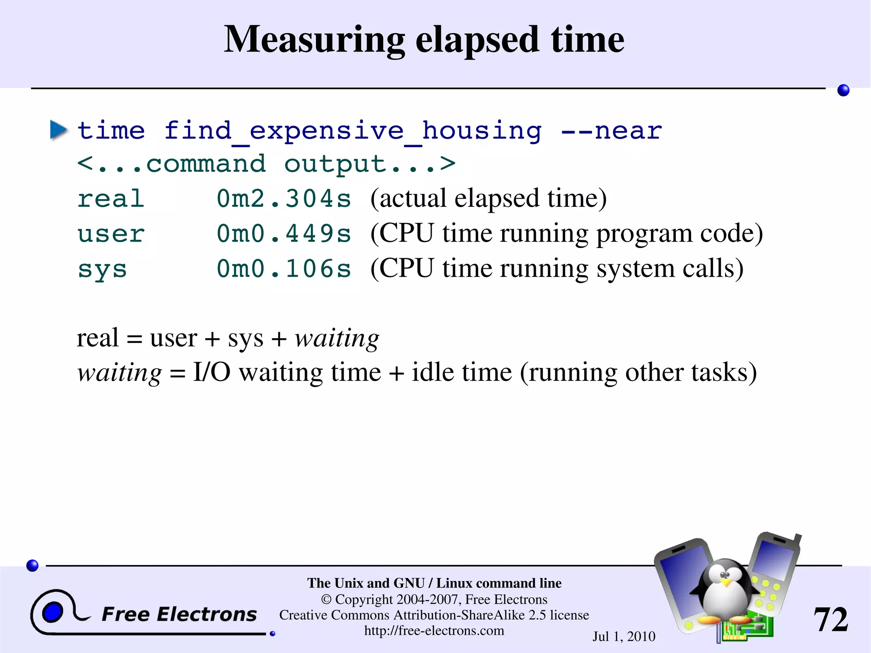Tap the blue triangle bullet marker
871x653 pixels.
[58, 129]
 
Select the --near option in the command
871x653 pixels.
[611, 130]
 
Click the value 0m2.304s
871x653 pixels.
[284, 199]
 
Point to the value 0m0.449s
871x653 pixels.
[284, 234]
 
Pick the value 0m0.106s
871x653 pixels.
[284, 269]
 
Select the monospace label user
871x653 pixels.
[111, 234]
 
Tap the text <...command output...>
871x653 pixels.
[266, 164]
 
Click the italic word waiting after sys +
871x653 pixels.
[336, 339]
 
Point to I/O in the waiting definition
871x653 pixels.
[211, 372]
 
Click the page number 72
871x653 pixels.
[830, 619]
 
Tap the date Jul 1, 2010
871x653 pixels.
[623, 636]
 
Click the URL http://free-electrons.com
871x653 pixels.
[434, 630]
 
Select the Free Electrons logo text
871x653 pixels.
[179, 614]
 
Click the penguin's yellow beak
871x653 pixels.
[726, 582]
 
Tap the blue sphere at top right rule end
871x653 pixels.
[843, 90]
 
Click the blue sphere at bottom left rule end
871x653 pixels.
[32, 565]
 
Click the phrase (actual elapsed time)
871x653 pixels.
[488, 198]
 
